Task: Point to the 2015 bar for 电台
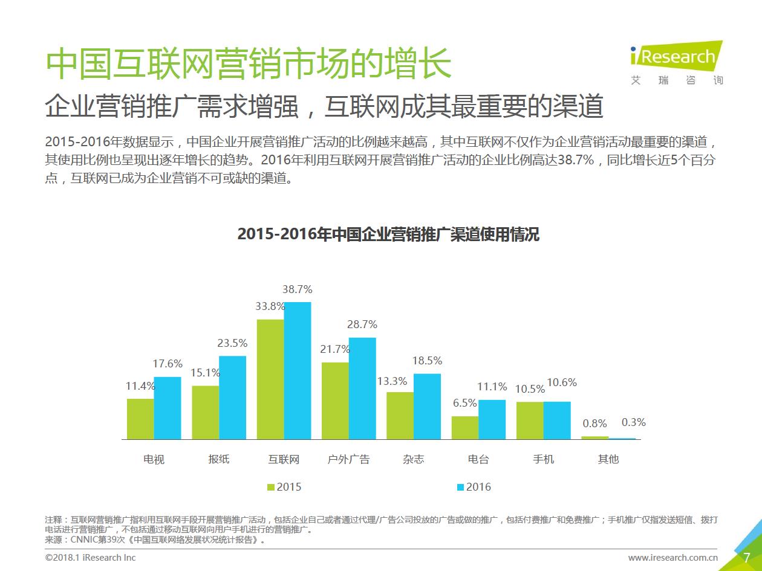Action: click(464, 427)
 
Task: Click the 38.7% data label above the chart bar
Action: click(298, 290)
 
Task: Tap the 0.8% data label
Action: click(594, 424)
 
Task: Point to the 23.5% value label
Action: click(233, 343)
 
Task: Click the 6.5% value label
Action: click(465, 403)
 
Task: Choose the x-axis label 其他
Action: click(608, 459)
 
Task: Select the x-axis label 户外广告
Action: click(348, 459)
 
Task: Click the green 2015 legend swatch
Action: click(271, 487)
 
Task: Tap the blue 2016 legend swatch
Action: click(461, 487)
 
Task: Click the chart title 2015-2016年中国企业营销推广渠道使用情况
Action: click(388, 234)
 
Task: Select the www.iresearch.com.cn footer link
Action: click(672, 558)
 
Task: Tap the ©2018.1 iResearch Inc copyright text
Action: click(91, 558)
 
